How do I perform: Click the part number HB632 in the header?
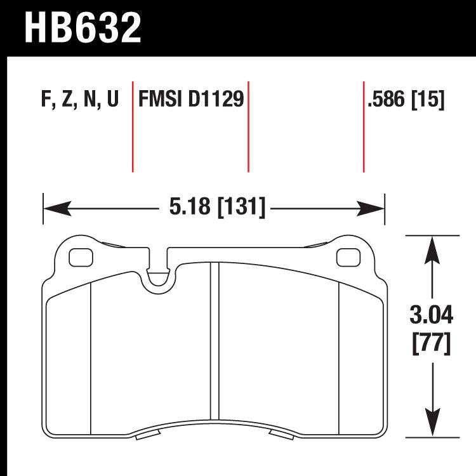83,27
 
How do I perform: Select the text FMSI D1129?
191,100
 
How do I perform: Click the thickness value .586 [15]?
405,100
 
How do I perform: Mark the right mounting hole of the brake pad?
347,258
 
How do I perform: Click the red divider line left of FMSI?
133,127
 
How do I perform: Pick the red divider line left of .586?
364,127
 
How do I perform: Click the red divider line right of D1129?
248,127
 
